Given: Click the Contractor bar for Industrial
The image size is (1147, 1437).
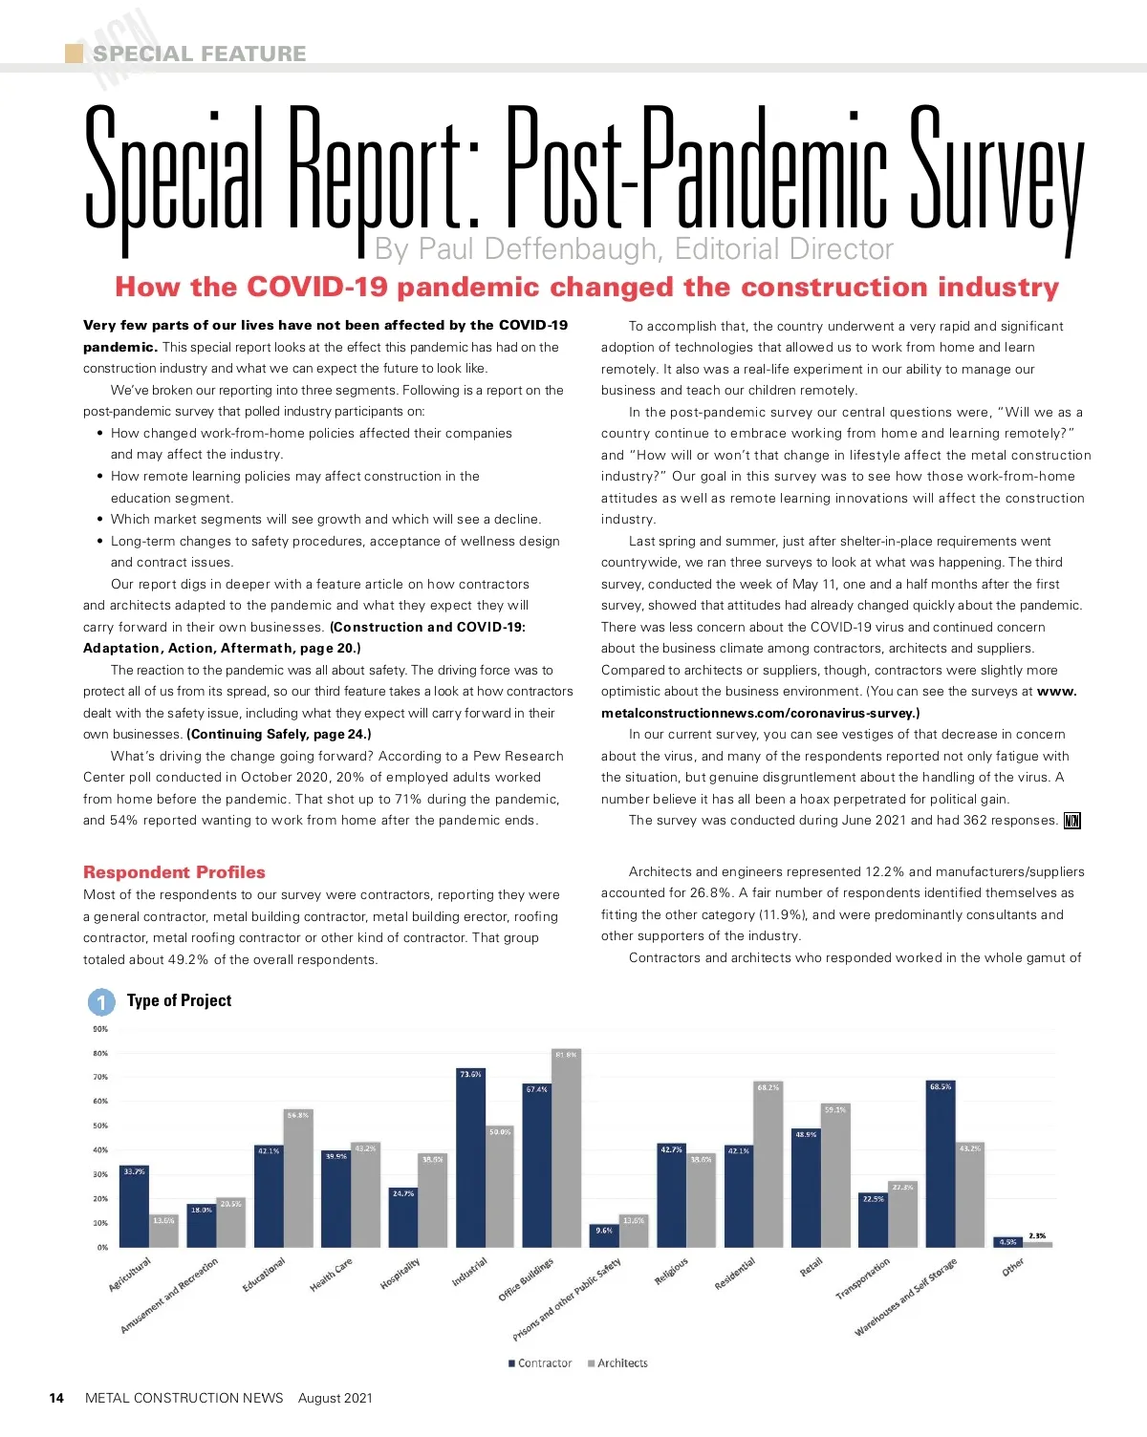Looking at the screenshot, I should [470, 1158].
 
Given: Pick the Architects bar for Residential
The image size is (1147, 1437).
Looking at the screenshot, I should [768, 1165].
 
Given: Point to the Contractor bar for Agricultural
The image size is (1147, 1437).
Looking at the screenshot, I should [134, 1207].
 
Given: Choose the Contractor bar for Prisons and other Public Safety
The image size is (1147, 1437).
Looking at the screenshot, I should [604, 1235].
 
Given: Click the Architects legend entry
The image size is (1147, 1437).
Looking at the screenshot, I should [621, 1363].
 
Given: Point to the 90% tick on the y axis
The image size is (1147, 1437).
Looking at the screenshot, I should [100, 1029].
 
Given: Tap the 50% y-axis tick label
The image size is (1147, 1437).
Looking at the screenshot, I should [100, 1126].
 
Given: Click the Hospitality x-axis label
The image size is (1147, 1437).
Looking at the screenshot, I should [400, 1274].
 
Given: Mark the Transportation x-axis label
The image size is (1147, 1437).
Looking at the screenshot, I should [862, 1278].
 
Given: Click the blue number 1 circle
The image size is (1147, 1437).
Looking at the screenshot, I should [101, 1002].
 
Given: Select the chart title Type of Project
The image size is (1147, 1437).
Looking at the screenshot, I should [179, 1000].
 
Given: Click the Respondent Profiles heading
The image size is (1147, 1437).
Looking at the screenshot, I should [174, 872].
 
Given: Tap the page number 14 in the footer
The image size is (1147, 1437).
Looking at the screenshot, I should [56, 1398].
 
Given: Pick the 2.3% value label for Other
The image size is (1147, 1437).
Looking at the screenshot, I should [1036, 1235].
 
